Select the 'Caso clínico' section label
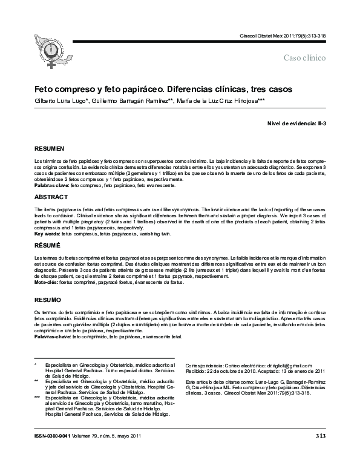(304, 57)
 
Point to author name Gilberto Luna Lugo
(61, 101)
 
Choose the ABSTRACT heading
(50, 197)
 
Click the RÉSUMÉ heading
(48, 247)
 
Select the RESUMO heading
(48, 300)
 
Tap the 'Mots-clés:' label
(46, 283)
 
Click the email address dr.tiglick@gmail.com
(290, 366)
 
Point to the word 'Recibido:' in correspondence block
(197, 372)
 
